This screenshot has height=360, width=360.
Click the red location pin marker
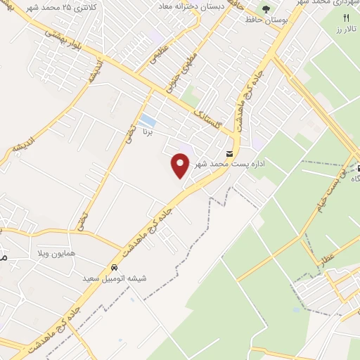(181, 166)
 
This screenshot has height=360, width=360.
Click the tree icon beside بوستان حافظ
(266, 9)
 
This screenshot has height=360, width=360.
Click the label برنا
(148, 131)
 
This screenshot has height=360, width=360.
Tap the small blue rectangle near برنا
(147, 120)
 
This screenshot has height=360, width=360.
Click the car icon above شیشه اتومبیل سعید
(114, 267)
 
